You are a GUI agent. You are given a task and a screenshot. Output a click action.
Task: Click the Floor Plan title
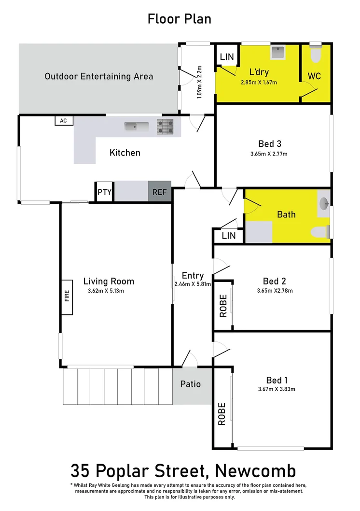[x=180, y=19]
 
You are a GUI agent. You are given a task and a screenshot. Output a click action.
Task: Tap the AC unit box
[x=63, y=121]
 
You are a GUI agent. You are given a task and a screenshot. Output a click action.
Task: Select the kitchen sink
[x=137, y=127]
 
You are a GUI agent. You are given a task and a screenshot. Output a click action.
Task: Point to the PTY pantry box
[x=105, y=192]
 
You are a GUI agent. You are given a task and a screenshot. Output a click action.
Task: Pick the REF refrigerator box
[x=160, y=192]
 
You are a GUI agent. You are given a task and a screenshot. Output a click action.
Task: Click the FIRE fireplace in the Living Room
[x=67, y=296]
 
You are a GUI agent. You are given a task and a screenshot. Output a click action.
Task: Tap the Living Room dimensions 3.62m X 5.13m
[x=109, y=291]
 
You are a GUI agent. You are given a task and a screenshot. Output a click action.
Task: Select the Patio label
[x=190, y=384]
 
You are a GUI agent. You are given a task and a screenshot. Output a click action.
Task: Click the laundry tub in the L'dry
[x=278, y=52]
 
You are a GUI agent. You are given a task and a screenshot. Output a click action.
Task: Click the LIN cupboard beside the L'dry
[x=227, y=57]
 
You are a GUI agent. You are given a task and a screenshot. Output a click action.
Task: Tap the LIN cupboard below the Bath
[x=229, y=236]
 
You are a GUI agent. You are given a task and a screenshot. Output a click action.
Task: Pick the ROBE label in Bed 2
[x=223, y=306]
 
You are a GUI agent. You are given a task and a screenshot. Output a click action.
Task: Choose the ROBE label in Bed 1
[x=222, y=414]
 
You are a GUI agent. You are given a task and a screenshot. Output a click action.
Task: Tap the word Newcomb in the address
[x=256, y=470]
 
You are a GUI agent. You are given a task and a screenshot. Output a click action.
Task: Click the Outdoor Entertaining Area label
[x=99, y=76]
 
